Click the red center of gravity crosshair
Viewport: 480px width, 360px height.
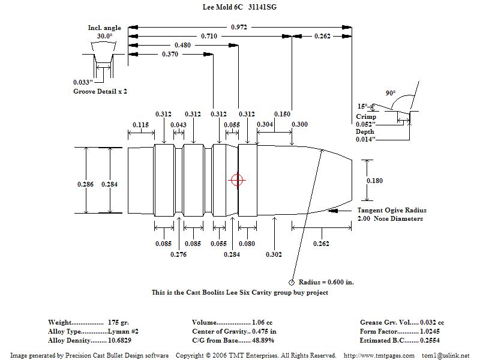237,180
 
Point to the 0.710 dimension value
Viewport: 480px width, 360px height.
209,37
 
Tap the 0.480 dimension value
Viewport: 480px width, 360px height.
183,46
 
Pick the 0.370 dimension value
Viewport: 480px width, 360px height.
171,55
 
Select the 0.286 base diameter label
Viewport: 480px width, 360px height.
86,184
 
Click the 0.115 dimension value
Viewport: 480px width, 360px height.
141,125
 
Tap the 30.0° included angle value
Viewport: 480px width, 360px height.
104,36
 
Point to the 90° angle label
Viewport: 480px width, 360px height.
391,94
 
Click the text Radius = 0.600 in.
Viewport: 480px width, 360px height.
326,282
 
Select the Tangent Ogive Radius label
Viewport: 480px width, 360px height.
392,211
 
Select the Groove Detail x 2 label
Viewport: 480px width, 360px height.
100,91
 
